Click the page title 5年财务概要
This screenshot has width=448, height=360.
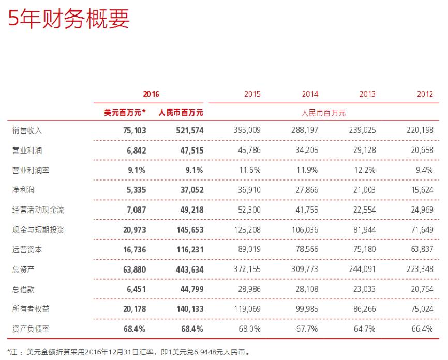(68, 19)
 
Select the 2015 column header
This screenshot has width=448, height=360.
(252, 94)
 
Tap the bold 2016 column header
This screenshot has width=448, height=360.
(151, 94)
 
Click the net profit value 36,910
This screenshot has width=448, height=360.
(249, 189)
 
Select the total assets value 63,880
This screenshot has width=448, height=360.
(132, 268)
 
